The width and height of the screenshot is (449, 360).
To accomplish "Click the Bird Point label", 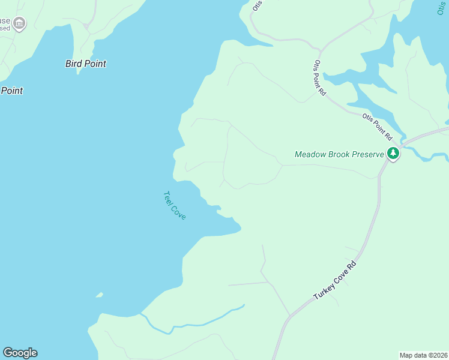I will point(85,64).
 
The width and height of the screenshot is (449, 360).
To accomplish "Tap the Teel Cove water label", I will point(174,205).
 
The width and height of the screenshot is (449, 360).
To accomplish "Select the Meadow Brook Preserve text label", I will point(339,154).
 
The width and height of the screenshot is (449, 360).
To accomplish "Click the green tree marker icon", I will point(393,154).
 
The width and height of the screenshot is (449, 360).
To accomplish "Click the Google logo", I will point(20,353).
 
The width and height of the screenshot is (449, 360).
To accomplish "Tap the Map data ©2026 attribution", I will point(424,355).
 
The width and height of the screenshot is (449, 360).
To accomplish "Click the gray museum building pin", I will point(19,24).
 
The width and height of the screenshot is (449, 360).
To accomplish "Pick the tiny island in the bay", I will point(99,295).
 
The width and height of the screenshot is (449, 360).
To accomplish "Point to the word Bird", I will point(74,64).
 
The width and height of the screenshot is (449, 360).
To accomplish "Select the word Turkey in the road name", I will point(325,290).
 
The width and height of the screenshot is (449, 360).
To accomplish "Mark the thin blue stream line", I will point(198,323).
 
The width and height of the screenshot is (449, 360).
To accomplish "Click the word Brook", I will point(336,154).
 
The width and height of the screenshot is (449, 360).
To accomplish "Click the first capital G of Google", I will point(8,353).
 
